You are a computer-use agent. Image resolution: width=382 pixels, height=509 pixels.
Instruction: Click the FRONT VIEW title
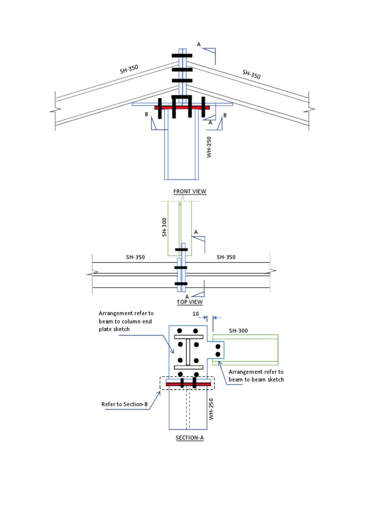point(190,191)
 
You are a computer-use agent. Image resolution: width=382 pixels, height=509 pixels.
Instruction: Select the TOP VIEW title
point(190,302)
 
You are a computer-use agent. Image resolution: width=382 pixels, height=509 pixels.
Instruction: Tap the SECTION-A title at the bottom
point(190,438)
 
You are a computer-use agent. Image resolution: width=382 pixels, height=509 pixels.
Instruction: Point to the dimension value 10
point(195,314)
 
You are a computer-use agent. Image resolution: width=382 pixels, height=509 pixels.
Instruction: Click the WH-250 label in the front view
point(209,148)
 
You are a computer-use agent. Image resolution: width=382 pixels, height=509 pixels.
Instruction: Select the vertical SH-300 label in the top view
point(165,228)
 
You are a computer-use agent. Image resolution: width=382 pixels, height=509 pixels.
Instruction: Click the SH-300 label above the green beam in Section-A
point(238,331)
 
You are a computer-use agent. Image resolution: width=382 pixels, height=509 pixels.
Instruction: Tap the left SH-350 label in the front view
point(129,69)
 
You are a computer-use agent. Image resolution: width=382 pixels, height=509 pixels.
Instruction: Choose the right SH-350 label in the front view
point(251,75)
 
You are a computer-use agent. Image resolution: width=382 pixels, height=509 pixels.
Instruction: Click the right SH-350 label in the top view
point(226,257)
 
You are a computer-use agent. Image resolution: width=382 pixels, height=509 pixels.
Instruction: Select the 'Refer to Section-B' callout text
point(125,404)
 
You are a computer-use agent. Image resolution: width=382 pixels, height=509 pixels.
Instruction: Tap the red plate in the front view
point(182,107)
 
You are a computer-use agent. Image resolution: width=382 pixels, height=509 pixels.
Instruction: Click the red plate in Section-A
point(188,384)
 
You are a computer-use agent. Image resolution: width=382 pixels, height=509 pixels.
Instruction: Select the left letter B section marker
point(146,114)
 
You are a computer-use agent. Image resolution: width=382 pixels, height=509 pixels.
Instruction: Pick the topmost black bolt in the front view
point(182,56)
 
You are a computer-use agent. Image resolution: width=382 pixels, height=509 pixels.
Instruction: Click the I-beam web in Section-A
point(188,352)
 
